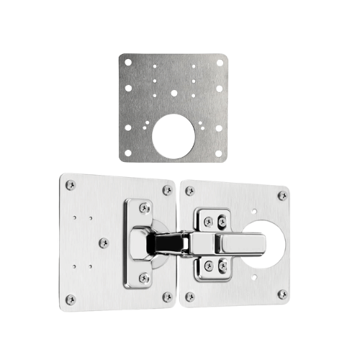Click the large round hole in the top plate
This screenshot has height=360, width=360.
click(x=173, y=136)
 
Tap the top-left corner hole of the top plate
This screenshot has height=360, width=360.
click(x=128, y=63)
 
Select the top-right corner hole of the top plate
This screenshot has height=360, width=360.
click(x=219, y=63)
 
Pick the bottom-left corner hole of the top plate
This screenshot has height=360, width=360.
click(x=128, y=153)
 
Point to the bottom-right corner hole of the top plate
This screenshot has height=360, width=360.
click(x=219, y=153)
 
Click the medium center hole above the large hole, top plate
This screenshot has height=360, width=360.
click(x=174, y=92)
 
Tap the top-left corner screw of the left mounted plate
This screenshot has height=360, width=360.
click(x=70, y=185)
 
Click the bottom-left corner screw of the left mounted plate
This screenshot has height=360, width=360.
click(x=70, y=299)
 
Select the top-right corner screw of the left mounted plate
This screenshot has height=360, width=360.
click(x=167, y=190)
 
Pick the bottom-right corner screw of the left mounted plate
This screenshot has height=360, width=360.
click(x=167, y=296)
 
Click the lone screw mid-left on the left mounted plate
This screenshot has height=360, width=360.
click(x=104, y=243)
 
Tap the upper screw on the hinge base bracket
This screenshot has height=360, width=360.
click(x=145, y=208)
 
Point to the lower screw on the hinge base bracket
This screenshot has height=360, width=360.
click(x=145, y=277)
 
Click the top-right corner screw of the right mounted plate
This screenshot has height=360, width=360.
click(x=282, y=195)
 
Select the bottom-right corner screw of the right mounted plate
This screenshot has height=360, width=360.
click(x=282, y=294)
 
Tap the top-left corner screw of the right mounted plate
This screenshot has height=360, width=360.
click(x=189, y=191)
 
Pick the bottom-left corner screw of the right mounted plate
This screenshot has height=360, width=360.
click(x=189, y=297)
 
